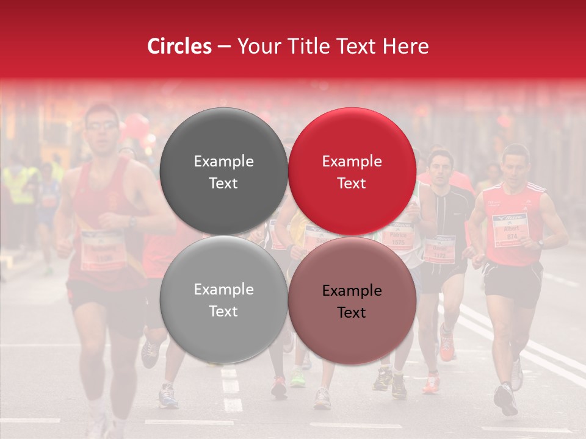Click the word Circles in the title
(x=179, y=46)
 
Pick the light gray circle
(x=223, y=300)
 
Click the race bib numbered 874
(x=509, y=230)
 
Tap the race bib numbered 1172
(x=440, y=249)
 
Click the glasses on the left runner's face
(x=102, y=126)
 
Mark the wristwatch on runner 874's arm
(x=540, y=243)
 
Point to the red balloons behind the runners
(x=137, y=128)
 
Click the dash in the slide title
(x=224, y=47)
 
